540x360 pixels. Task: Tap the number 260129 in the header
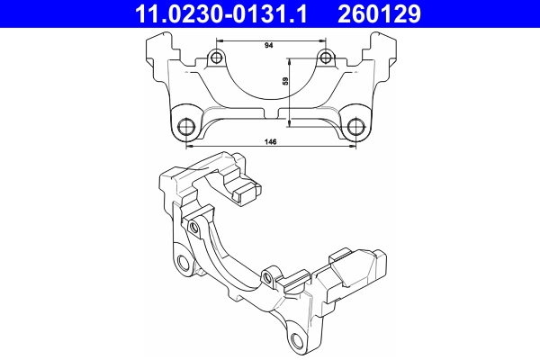coord(391,14)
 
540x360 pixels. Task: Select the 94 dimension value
coord(269,43)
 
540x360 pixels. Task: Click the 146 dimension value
coord(269,142)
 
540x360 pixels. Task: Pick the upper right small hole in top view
coord(325,59)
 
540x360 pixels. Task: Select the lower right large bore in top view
coord(355,125)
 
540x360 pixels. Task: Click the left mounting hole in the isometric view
coord(184,263)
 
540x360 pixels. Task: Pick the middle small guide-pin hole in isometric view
coord(267,275)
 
